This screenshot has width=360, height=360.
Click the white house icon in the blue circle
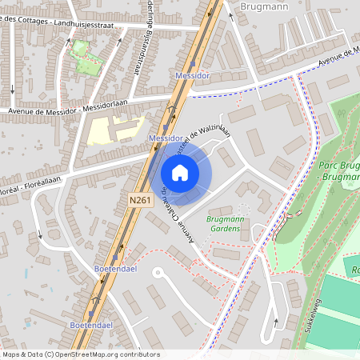(x=179, y=173)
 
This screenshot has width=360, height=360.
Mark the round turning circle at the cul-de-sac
(x=158, y=273)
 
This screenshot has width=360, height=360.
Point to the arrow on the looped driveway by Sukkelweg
(x=277, y=321)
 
